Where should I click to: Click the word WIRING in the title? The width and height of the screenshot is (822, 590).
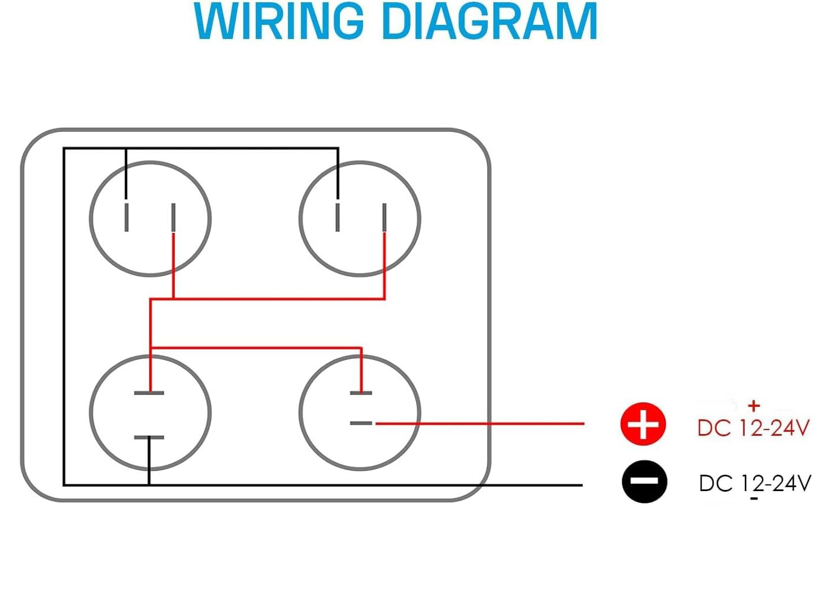pos(279,21)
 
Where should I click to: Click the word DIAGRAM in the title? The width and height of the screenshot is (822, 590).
pos(490,21)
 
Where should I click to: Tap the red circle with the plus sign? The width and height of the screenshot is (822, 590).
pos(643,424)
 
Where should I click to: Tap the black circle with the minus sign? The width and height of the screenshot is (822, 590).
pos(644,481)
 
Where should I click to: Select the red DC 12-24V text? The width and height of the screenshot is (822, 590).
pos(753,428)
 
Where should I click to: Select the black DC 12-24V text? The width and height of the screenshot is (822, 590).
pos(755,483)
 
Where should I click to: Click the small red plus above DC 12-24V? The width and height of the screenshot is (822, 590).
pos(753,406)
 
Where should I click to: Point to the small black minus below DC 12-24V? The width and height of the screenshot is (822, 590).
pos(754,498)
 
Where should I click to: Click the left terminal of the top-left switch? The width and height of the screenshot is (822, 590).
pos(126,218)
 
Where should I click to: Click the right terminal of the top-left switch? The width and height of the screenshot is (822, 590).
pos(173,218)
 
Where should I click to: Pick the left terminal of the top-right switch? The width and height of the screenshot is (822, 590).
pos(338,218)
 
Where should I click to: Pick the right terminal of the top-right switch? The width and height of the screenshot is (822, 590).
pos(384,218)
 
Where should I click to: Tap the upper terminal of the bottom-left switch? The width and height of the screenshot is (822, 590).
pos(149,393)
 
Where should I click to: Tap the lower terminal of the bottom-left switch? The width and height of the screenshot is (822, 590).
pos(149,437)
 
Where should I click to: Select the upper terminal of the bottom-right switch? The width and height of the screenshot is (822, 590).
pos(361,393)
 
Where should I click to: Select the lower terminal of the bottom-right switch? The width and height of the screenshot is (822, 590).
pos(361,423)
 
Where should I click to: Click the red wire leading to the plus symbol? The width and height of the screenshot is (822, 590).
pos(480,424)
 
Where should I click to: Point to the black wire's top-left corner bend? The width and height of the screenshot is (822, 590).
pos(64,149)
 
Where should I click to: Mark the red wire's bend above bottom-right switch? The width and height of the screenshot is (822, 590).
pos(361,348)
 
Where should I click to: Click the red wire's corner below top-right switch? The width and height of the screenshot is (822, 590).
pos(384,299)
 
